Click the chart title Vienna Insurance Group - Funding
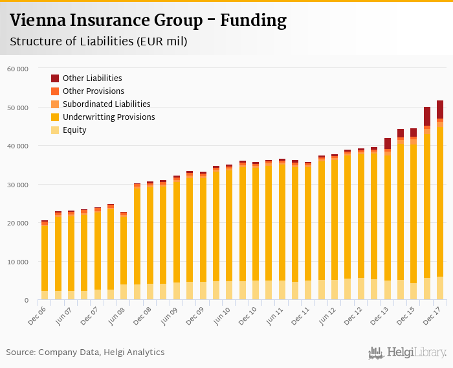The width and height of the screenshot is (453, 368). point(148,21)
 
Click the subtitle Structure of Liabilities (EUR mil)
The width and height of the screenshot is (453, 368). point(98,41)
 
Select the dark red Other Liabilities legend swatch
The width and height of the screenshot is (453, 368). point(55,78)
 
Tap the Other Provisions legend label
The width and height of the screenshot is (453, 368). point(93,91)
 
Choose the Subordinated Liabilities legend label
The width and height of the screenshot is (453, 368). point(106,104)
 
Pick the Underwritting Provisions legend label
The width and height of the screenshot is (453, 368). point(109,117)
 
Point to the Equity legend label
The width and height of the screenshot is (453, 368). point(74,130)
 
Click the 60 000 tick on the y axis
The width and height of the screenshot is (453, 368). point(17,69)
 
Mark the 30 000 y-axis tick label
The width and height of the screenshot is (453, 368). point(17,185)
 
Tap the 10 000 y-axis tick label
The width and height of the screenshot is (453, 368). point(17,262)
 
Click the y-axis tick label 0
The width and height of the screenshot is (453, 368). point(26,301)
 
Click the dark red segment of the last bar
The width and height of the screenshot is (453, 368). point(440,109)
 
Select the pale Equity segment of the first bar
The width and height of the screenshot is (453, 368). point(45,295)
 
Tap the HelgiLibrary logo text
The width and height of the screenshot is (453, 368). point(408,353)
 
